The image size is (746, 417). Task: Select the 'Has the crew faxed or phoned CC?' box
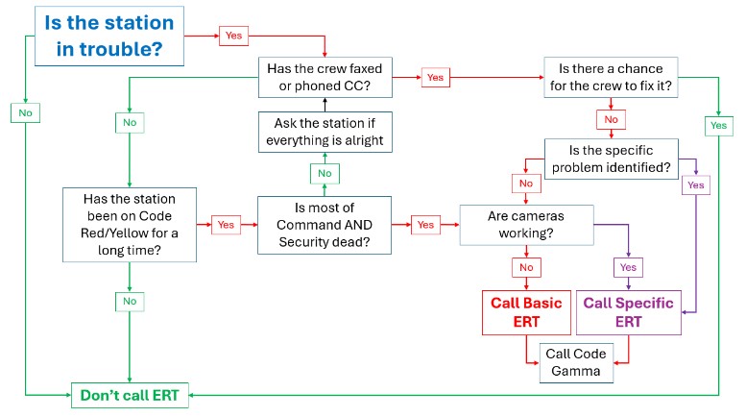[x=325, y=76]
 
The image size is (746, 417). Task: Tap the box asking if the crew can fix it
[x=611, y=76]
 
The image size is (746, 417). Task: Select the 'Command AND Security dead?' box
[x=325, y=224]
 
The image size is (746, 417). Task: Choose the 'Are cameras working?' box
[x=525, y=225]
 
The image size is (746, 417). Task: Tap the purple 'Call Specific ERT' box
[x=629, y=312]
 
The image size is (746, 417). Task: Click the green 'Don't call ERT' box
[x=131, y=394]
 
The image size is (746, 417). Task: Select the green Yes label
[x=718, y=124]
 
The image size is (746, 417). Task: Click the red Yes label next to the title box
[x=234, y=35]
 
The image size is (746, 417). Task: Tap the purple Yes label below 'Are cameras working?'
[x=629, y=267]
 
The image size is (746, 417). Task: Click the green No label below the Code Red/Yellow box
[x=130, y=301]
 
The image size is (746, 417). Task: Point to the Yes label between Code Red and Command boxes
[x=227, y=224]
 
